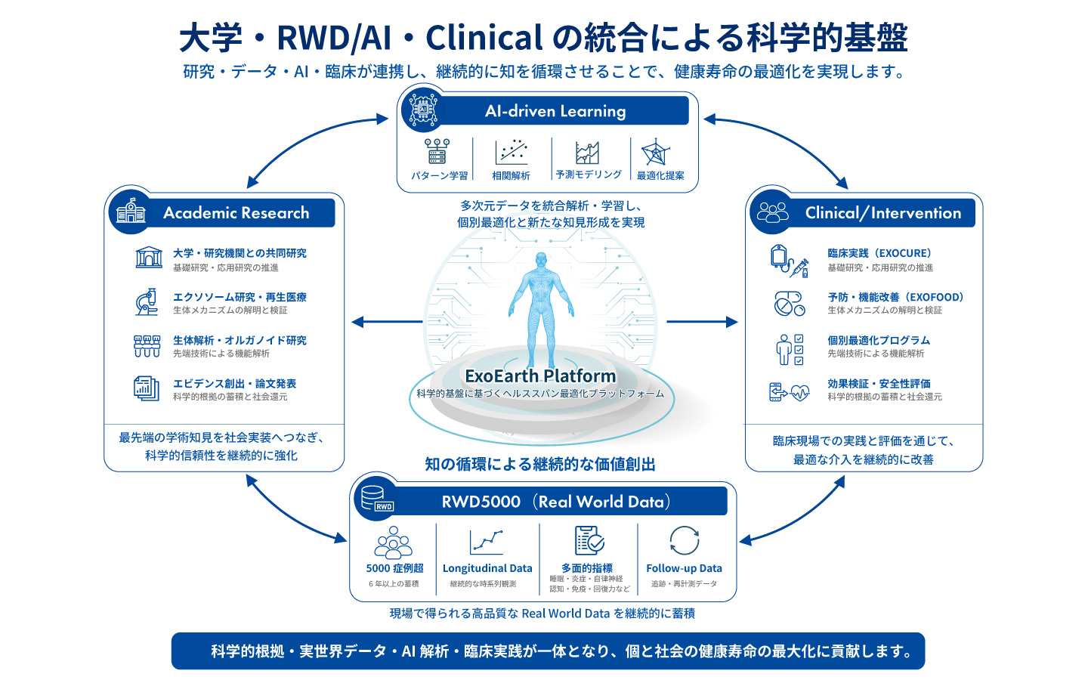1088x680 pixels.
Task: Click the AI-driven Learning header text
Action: pyautogui.click(x=555, y=111)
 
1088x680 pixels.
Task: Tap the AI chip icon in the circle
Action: pyautogui.click(x=423, y=110)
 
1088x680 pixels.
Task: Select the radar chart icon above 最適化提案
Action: pyautogui.click(x=656, y=152)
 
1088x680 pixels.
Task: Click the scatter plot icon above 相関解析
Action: pyautogui.click(x=511, y=152)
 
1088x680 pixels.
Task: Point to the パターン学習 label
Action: pyautogui.click(x=440, y=176)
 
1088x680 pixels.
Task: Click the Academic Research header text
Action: pyautogui.click(x=236, y=213)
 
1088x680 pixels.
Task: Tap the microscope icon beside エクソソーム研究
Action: pyautogui.click(x=147, y=301)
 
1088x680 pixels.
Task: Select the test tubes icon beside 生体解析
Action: pyautogui.click(x=147, y=346)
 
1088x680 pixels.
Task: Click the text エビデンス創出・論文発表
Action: pyautogui.click(x=234, y=384)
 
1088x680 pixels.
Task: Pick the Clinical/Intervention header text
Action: pyautogui.click(x=883, y=213)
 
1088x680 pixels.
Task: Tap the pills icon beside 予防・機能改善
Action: pyautogui.click(x=790, y=304)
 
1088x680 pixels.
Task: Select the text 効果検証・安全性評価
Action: pyautogui.click(x=879, y=384)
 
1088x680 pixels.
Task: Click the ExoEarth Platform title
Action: pyautogui.click(x=540, y=376)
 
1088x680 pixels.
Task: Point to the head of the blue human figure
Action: pyautogui.click(x=541, y=259)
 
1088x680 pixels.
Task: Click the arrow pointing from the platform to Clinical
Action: pyautogui.click(x=702, y=322)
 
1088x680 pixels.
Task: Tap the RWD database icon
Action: pyautogui.click(x=377, y=499)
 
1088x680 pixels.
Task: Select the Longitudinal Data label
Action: pyautogui.click(x=487, y=568)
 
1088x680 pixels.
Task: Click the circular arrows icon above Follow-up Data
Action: pyautogui.click(x=684, y=540)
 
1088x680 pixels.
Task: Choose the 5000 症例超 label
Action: pyautogui.click(x=394, y=568)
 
